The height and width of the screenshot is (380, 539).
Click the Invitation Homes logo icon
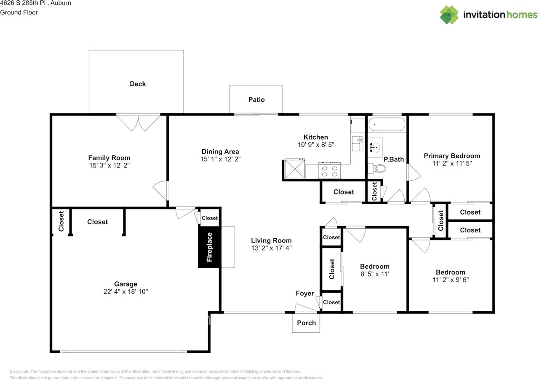pos(449,15)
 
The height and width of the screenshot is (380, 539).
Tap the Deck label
pos(138,84)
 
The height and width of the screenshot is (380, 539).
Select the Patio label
pos(256,100)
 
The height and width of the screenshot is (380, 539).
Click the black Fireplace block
pos(209,247)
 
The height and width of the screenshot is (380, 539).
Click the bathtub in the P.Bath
pos(387,124)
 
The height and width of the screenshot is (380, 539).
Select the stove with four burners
pos(329,171)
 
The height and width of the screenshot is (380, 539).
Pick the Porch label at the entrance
pos(306,323)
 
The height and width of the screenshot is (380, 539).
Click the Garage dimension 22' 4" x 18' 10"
pos(125,291)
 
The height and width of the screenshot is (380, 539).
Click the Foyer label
pos(304,294)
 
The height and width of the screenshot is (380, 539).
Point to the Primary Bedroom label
pos(451,156)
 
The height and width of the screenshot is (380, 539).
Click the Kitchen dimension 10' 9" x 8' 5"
pos(315,145)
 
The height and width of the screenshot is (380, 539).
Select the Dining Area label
pos(220,152)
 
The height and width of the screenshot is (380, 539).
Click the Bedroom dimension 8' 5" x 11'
pos(374,274)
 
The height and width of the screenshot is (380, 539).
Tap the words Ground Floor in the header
pos(19,12)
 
